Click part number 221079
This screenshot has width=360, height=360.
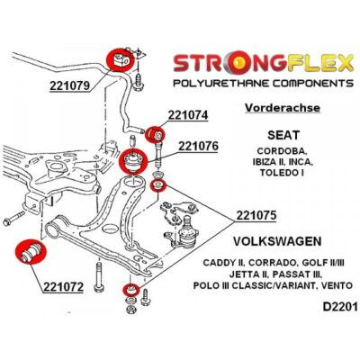69,85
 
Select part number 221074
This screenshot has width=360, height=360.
188,115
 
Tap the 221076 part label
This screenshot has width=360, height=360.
198,147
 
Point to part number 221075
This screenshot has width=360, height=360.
256,215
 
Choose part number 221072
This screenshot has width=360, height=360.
63,287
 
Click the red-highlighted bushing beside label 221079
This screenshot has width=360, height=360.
120,60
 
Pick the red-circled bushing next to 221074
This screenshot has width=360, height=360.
155,133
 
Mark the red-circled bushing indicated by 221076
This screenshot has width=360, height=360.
132,161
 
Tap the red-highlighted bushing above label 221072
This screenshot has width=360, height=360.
31,251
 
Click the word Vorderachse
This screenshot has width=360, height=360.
283,108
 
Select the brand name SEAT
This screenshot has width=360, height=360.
283,135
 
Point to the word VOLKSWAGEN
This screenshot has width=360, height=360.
277,241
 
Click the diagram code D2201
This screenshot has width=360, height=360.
340,307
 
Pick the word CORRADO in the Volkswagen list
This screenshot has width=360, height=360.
272,263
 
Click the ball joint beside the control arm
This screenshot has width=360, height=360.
186,231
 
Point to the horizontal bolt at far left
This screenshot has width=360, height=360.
13,219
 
